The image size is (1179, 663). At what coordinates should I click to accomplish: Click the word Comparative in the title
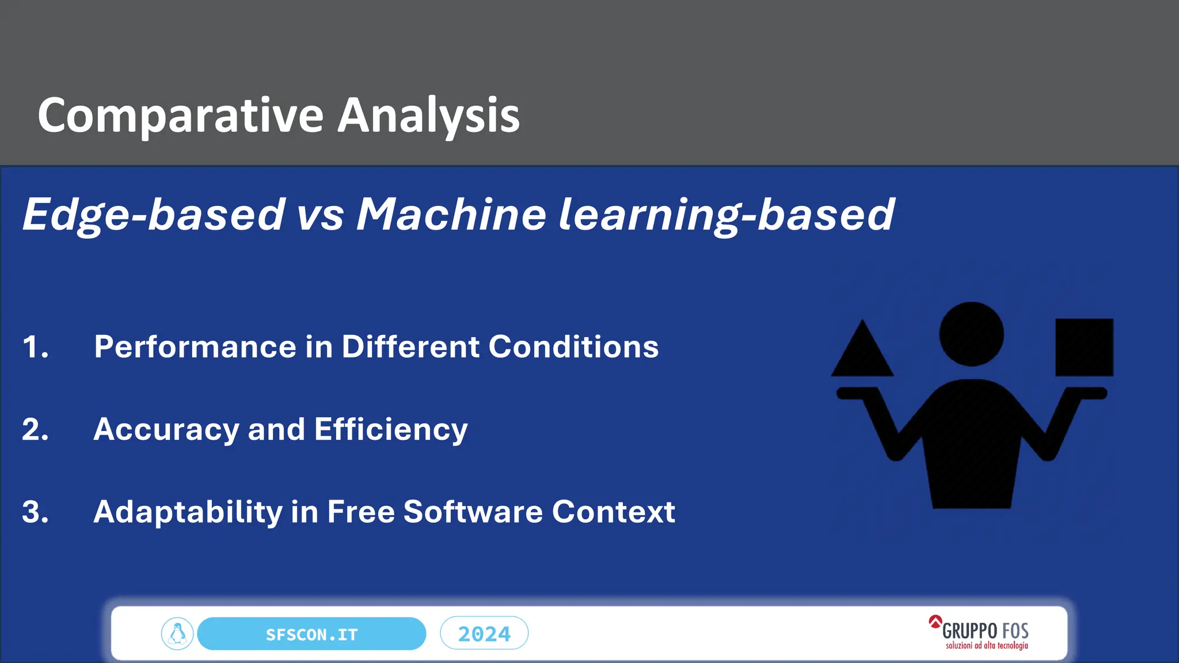click(x=180, y=116)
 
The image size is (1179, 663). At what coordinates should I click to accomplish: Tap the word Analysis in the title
click(x=428, y=116)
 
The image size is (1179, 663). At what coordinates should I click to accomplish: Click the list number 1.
click(x=35, y=347)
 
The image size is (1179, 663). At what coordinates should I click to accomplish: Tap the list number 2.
click(x=35, y=430)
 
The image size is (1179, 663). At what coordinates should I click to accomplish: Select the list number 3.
click(x=35, y=512)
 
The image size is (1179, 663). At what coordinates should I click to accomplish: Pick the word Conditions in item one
click(x=573, y=347)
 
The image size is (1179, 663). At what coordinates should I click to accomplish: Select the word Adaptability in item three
click(x=188, y=512)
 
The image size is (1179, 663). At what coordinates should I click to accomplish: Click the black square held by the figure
click(x=1084, y=348)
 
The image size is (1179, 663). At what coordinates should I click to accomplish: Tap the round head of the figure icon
click(x=971, y=334)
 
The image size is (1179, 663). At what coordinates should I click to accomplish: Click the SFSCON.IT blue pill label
click(x=311, y=634)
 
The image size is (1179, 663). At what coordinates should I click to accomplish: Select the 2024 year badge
click(x=484, y=634)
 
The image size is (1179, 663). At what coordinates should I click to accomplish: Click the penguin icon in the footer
click(x=177, y=634)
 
